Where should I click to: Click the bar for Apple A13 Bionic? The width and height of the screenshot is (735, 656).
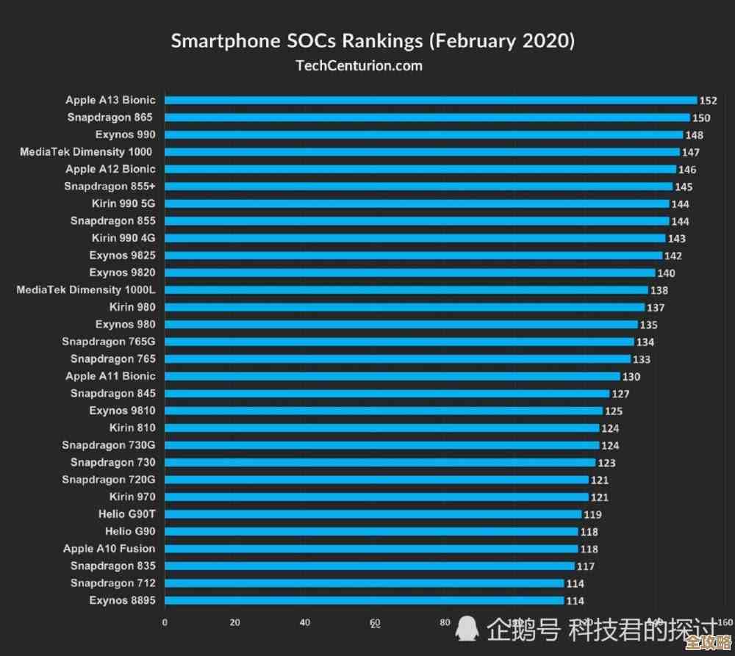(x=431, y=101)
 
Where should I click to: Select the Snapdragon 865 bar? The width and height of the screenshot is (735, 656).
(x=427, y=118)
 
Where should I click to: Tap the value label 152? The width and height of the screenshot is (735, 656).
(x=709, y=101)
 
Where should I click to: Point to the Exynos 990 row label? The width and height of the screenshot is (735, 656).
(x=125, y=134)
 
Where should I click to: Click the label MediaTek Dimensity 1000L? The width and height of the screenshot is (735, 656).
(x=86, y=289)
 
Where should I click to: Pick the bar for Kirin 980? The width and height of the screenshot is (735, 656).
(x=404, y=307)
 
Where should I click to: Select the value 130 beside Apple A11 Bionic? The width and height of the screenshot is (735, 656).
(x=631, y=377)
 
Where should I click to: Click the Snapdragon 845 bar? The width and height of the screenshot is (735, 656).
(x=387, y=394)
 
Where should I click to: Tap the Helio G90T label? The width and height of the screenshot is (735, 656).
(x=126, y=513)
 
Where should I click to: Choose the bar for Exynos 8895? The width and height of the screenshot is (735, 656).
(x=364, y=600)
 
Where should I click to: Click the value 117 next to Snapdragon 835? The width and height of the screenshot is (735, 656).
(x=586, y=566)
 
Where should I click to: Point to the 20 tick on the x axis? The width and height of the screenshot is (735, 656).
(x=235, y=622)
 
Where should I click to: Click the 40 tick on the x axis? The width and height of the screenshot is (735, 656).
(x=305, y=622)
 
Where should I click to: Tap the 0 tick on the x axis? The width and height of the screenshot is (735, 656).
(x=165, y=622)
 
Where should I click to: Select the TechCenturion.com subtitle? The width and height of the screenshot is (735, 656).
(x=359, y=65)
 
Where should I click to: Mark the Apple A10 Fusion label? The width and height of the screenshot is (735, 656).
(x=109, y=548)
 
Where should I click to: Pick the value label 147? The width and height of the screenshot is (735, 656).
(x=691, y=153)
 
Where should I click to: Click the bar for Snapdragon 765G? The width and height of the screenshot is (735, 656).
(x=399, y=342)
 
